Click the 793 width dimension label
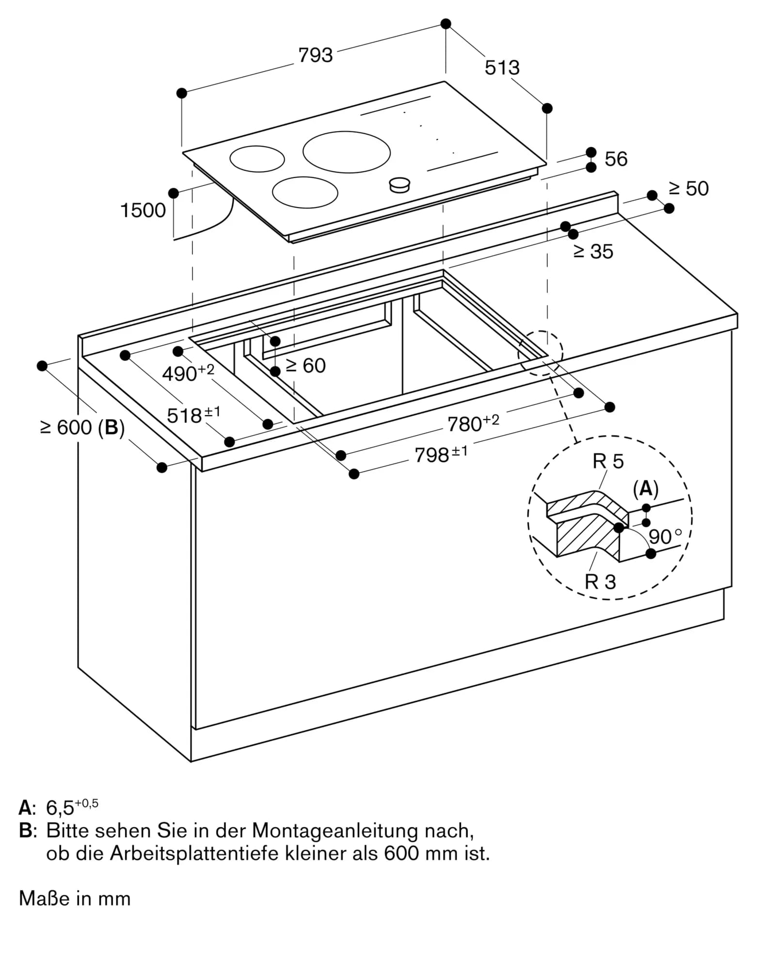(316, 55)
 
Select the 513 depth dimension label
(502, 68)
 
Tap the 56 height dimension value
(616, 159)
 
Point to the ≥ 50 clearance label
(688, 189)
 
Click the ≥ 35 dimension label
(593, 252)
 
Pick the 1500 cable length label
(143, 210)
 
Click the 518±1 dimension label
(193, 415)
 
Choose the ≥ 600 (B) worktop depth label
(82, 428)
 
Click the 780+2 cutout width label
(472, 423)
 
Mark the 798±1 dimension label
(440, 454)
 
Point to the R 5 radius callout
(608, 461)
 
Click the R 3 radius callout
(600, 582)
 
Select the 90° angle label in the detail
(665, 537)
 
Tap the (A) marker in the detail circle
(646, 489)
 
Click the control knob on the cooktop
(399, 184)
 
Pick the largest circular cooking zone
(346, 152)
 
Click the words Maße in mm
(75, 899)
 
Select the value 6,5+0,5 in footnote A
(71, 807)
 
